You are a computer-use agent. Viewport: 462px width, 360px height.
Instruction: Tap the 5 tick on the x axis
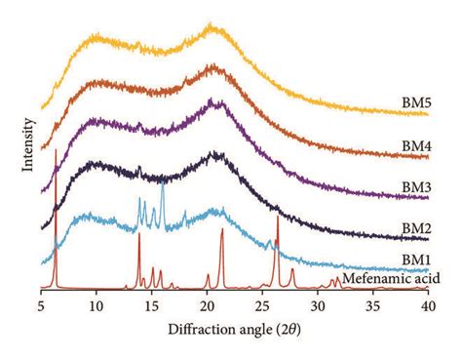point(42,305)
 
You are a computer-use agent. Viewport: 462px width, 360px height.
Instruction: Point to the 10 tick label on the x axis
point(96,305)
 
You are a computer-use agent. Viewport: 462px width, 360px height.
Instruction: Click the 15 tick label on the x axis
point(151,305)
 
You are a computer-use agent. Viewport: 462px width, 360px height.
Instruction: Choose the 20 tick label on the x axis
point(207,305)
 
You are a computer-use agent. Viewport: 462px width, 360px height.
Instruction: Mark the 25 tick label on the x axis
point(262,305)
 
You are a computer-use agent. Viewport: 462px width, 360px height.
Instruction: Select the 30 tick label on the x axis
point(318,305)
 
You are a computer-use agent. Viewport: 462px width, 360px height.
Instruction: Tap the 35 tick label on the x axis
point(373,305)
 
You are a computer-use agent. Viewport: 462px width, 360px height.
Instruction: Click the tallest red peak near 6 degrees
point(56,149)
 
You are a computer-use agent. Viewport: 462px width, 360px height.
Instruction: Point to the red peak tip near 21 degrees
point(222,230)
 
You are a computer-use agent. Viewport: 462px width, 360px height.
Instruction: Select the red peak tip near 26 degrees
point(278,217)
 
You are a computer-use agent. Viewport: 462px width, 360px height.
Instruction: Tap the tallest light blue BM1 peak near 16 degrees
point(162,182)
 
